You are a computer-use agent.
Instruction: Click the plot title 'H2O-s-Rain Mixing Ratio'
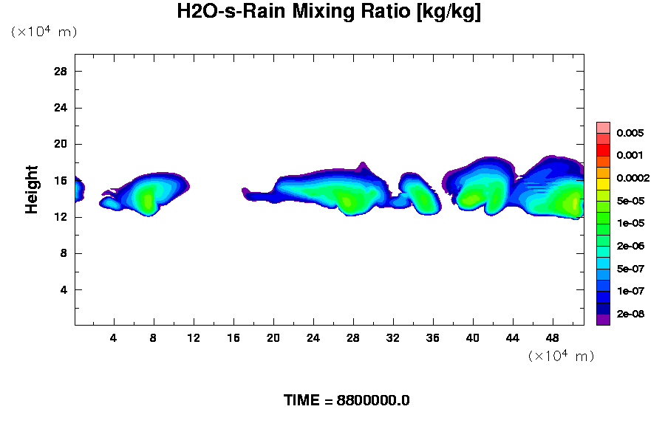click(x=329, y=13)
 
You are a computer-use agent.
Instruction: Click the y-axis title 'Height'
click(x=32, y=189)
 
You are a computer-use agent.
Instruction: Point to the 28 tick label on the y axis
click(x=61, y=71)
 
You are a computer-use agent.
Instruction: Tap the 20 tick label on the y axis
click(x=61, y=144)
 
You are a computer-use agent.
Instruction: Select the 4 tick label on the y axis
click(x=64, y=289)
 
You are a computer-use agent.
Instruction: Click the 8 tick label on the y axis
click(x=64, y=253)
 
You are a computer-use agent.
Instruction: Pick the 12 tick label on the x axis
click(x=194, y=338)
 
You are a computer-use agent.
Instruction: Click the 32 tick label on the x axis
click(x=393, y=338)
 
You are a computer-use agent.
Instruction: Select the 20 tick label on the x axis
click(x=273, y=338)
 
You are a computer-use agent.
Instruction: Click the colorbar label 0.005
click(x=630, y=134)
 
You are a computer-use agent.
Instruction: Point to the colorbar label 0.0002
click(x=633, y=178)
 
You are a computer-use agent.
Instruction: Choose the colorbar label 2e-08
click(x=630, y=315)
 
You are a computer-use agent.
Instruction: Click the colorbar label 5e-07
click(x=630, y=269)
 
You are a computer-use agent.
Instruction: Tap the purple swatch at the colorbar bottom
click(x=603, y=320)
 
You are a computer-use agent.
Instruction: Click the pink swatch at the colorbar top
click(x=603, y=127)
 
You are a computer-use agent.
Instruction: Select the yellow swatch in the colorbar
click(x=603, y=183)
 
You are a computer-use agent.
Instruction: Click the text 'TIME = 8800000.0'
click(x=347, y=401)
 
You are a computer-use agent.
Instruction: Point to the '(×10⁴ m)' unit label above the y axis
click(x=44, y=32)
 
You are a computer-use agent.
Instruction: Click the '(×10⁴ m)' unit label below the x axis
click(x=561, y=356)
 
